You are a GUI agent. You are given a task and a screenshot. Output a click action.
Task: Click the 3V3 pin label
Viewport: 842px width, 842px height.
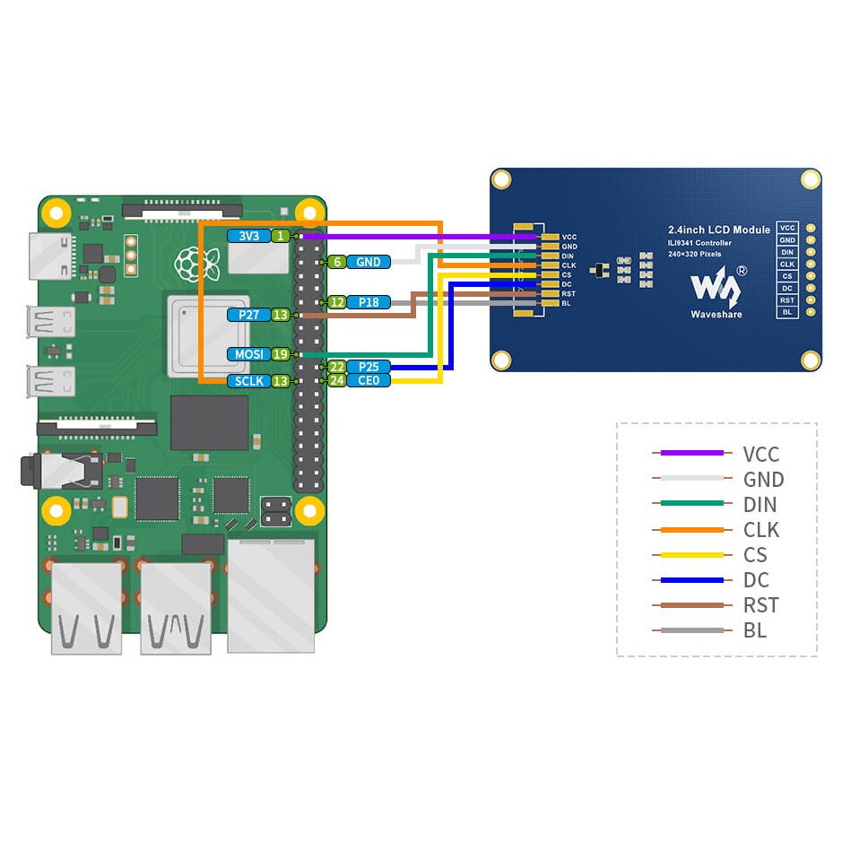(x=248, y=236)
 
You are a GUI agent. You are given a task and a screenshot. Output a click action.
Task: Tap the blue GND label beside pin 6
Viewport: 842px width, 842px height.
(x=369, y=262)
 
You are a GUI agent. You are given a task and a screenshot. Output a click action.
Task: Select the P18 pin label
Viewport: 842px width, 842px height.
(x=369, y=302)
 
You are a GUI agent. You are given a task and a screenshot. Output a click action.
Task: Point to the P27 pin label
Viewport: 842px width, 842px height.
(x=248, y=315)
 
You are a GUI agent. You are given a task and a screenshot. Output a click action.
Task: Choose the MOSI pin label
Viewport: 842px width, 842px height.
(x=248, y=354)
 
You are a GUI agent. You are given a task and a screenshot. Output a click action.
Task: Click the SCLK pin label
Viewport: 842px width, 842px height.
(x=248, y=381)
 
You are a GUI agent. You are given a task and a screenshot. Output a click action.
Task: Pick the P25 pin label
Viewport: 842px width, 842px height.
(x=369, y=367)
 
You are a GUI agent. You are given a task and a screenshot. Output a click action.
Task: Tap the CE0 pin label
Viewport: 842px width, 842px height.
(x=369, y=380)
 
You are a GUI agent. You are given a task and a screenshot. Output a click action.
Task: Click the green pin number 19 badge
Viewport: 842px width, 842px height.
(x=281, y=354)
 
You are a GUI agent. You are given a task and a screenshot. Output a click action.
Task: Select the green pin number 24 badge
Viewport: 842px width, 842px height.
(x=336, y=380)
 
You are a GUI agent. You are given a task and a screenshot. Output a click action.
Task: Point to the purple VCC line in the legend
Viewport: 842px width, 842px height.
(x=690, y=454)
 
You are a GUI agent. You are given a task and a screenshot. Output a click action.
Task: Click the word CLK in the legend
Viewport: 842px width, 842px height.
(x=761, y=530)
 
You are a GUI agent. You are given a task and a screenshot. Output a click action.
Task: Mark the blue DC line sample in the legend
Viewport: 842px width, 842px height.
(x=690, y=580)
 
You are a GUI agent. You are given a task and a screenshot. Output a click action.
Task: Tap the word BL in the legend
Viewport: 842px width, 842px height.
(x=755, y=630)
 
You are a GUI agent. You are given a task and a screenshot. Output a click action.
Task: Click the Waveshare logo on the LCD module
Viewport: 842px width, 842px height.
(x=716, y=287)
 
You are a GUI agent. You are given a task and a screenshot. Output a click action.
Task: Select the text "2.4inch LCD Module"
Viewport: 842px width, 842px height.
(x=719, y=230)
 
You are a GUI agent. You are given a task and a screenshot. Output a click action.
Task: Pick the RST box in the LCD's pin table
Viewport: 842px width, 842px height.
(x=786, y=299)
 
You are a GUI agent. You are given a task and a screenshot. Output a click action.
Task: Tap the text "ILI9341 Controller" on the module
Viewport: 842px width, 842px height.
(x=699, y=243)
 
